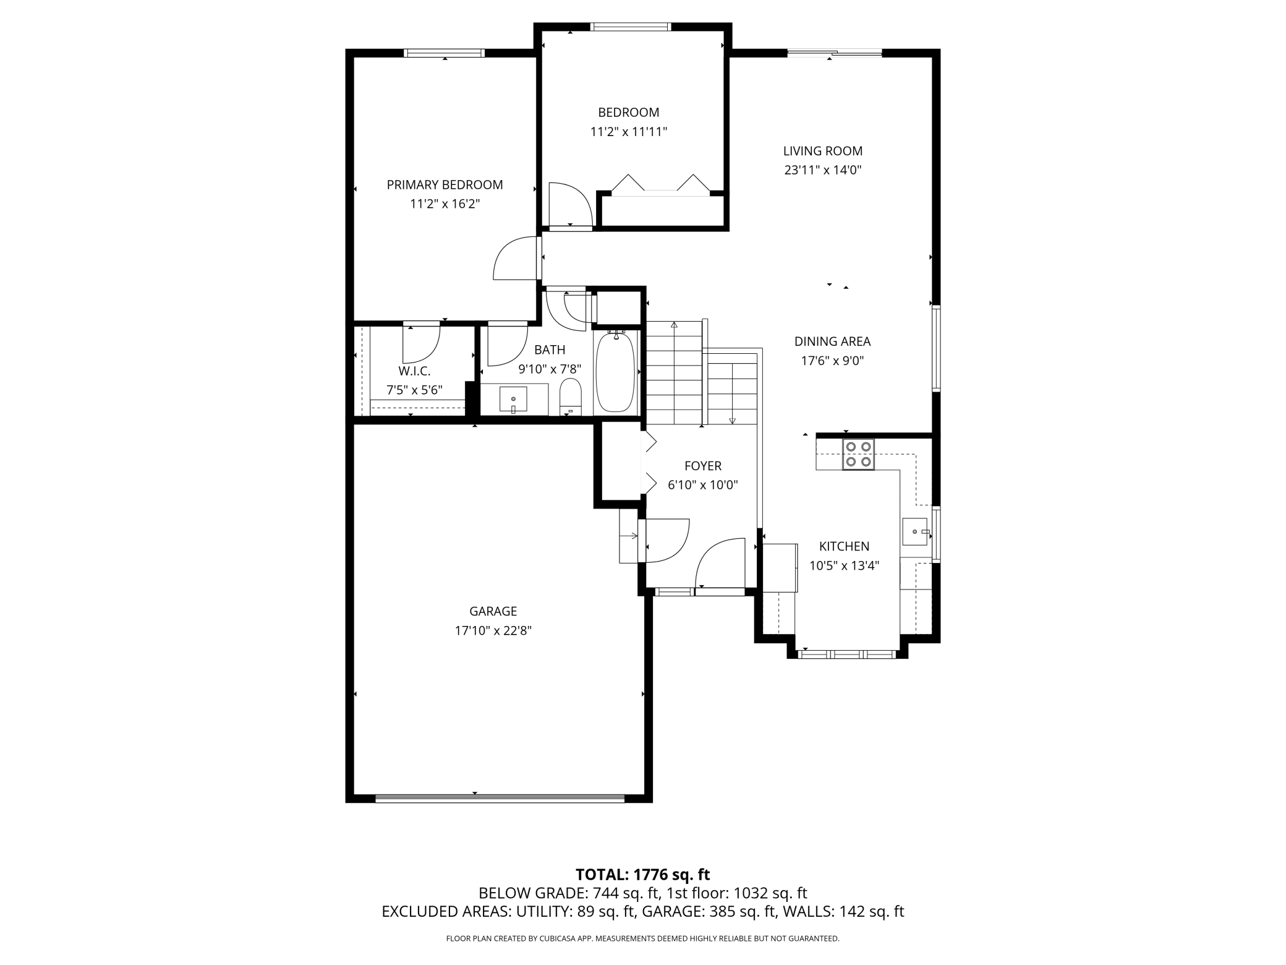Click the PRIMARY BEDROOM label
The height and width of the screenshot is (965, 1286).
point(445,184)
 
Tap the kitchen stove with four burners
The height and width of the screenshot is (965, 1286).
point(858,454)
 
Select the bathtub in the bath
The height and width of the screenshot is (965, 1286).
point(616,372)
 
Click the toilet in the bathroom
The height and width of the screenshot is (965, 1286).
point(571,397)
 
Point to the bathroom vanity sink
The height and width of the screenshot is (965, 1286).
point(513,399)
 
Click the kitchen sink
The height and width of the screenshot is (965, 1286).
point(916,531)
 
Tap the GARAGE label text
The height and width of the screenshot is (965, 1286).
point(493,611)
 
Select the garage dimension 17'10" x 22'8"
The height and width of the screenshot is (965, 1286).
point(493,631)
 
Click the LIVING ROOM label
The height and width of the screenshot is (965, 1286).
point(822,151)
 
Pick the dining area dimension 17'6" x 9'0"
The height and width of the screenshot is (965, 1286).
point(832,361)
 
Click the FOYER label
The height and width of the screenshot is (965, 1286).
point(703,466)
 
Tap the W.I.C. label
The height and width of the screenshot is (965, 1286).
point(414,371)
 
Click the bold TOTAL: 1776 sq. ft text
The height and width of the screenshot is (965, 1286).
point(642,874)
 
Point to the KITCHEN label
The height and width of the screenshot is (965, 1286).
point(844,546)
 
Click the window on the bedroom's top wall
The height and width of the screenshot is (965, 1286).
point(631,27)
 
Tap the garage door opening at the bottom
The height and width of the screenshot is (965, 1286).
point(500,798)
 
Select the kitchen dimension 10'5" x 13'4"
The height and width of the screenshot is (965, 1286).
point(844,565)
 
